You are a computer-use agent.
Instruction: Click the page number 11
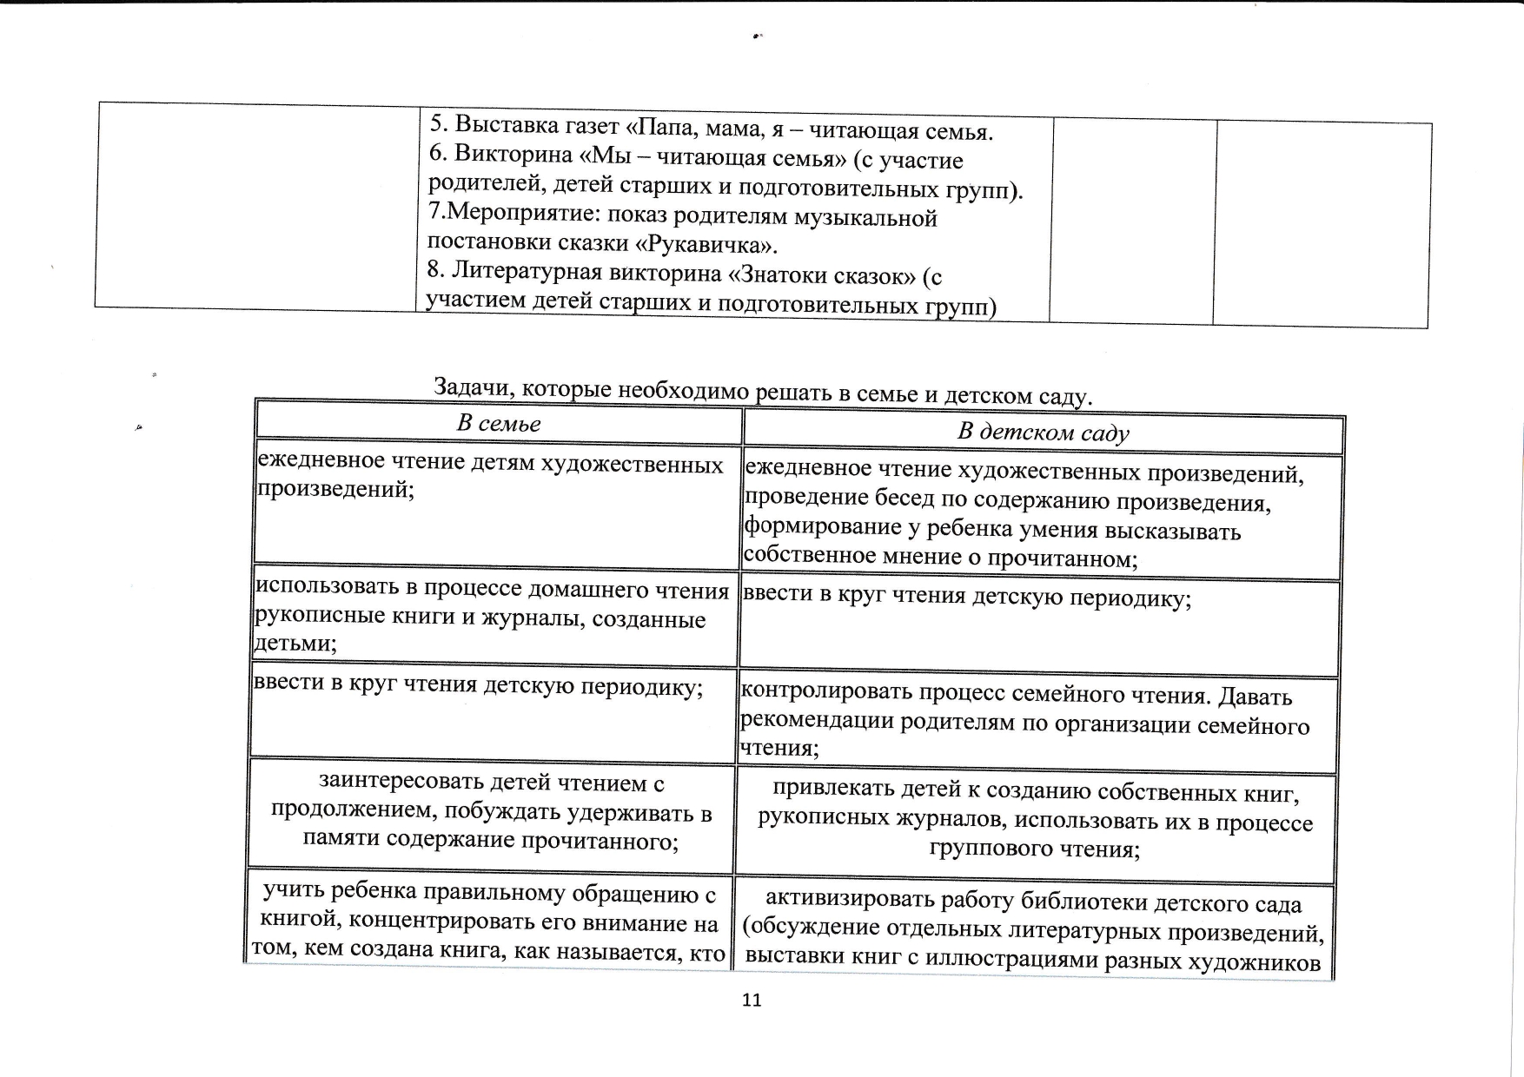(752, 1000)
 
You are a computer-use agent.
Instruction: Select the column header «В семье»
(499, 424)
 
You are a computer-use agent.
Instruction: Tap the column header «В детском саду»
(1043, 433)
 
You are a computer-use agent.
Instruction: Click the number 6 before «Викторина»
(436, 153)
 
